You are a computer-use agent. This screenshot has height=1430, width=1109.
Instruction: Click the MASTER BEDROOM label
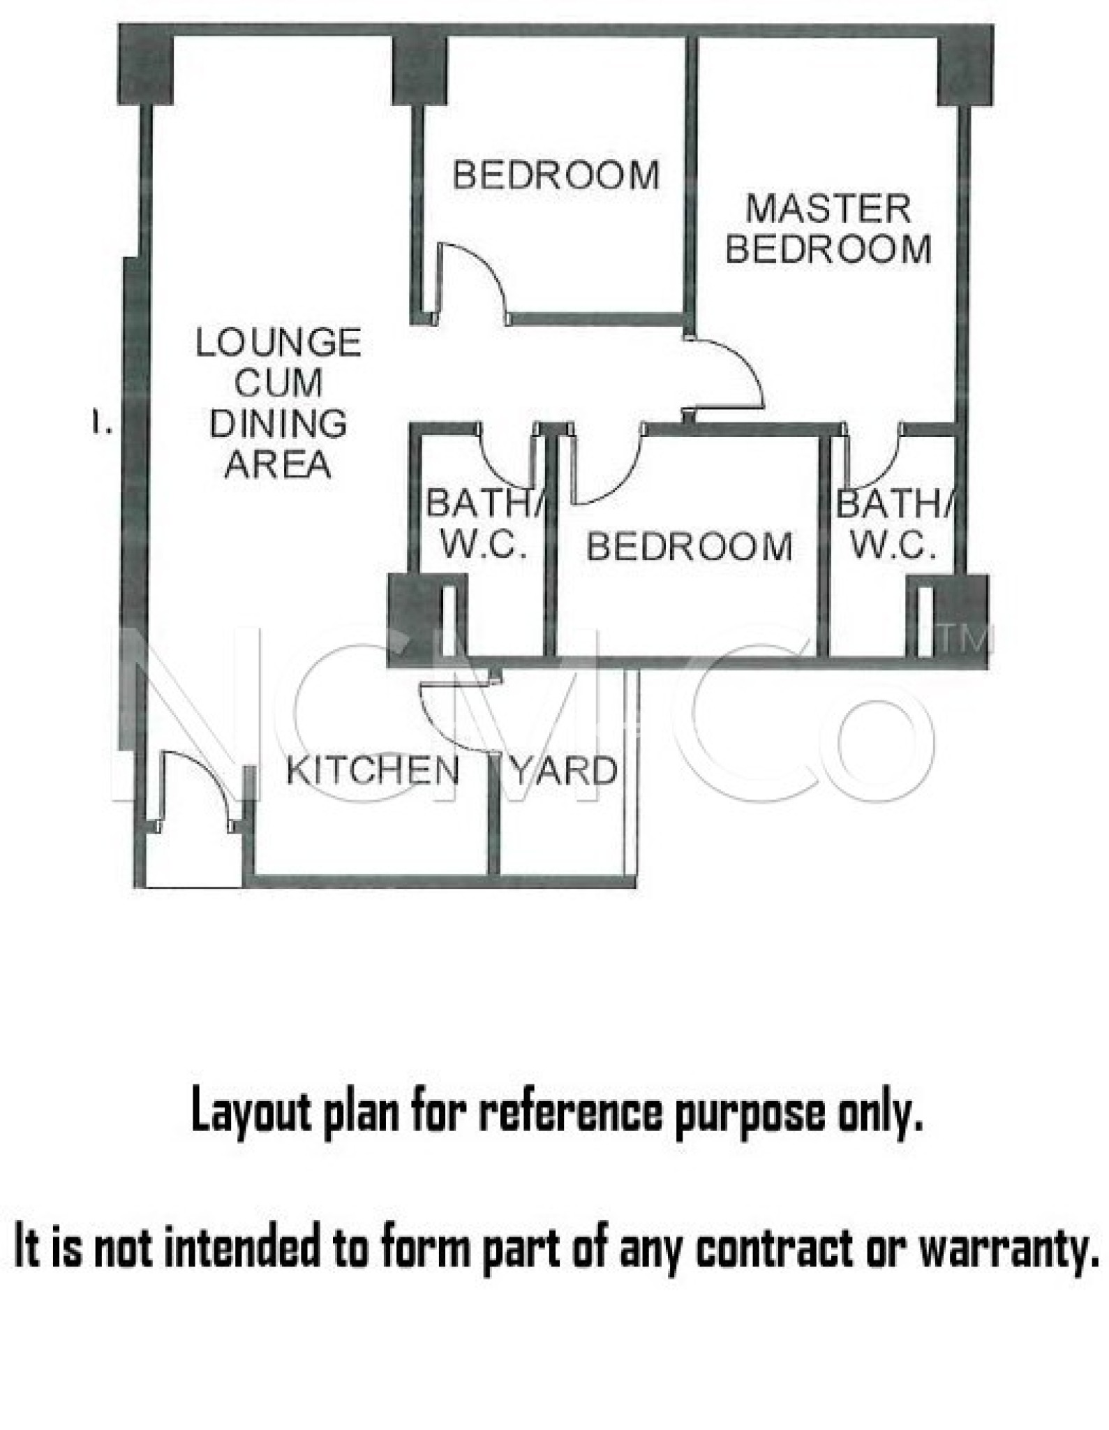[x=828, y=229]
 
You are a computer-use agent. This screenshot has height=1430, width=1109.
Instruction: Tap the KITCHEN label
[x=373, y=771]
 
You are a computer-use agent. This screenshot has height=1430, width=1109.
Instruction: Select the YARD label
[x=565, y=771]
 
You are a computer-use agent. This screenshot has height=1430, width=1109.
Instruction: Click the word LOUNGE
[x=278, y=343]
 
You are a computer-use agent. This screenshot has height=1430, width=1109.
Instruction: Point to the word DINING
[x=278, y=424]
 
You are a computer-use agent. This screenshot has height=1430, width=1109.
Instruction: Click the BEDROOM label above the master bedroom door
[x=556, y=175]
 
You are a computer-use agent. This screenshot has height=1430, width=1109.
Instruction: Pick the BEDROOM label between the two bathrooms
[x=690, y=546]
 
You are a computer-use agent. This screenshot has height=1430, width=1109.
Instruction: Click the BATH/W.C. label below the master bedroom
[x=895, y=524]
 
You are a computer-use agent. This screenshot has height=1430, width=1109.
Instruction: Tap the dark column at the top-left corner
[x=145, y=65]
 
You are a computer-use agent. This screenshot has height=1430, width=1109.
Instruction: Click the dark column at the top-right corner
[x=965, y=65]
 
